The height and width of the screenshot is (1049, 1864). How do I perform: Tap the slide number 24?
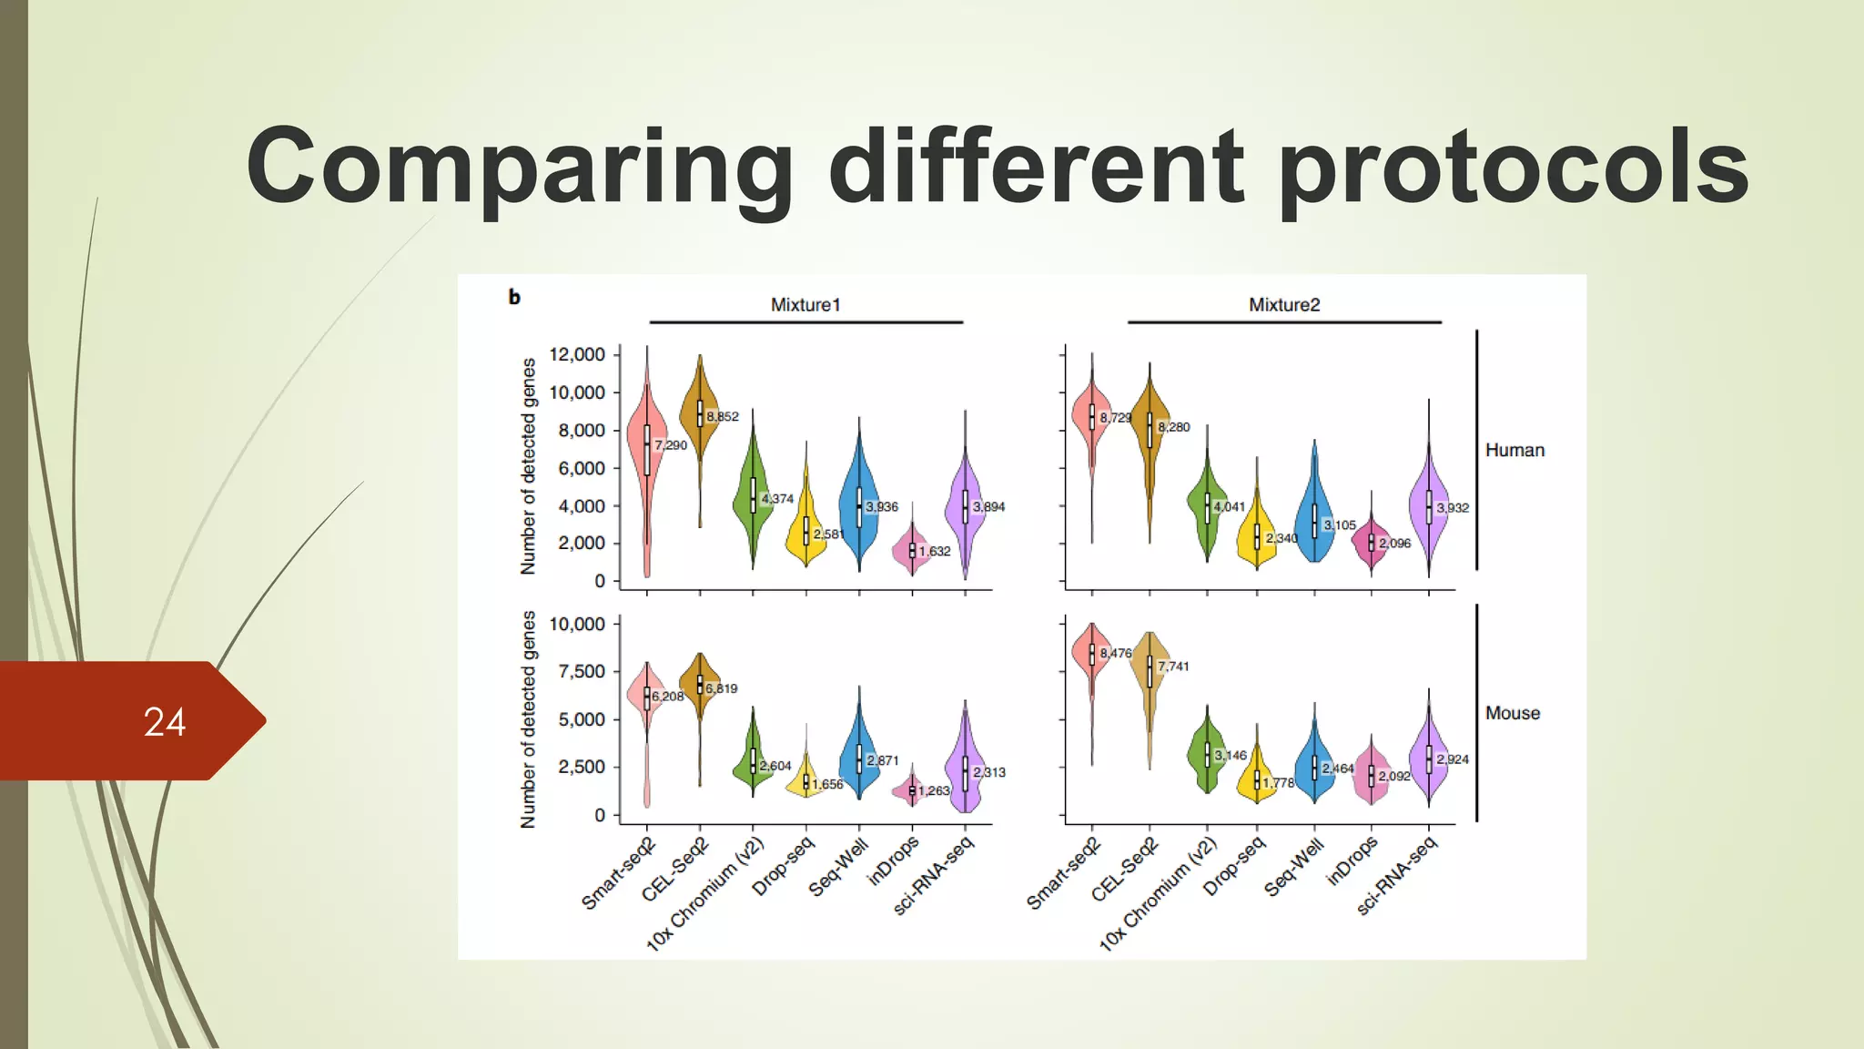(x=164, y=722)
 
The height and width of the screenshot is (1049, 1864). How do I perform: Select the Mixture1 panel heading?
(x=805, y=305)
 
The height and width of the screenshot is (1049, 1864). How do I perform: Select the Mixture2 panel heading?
(x=1283, y=305)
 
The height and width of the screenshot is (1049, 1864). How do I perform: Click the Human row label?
(x=1514, y=450)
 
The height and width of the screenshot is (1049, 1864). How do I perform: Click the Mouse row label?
(x=1513, y=713)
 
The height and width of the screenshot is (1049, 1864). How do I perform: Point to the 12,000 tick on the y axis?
(x=577, y=354)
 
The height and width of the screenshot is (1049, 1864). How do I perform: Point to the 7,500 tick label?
(x=581, y=672)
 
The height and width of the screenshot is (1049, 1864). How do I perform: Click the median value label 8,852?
(x=723, y=417)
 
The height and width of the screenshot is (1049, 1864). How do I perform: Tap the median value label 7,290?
(x=671, y=445)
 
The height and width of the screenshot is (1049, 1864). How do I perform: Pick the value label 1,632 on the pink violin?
(x=935, y=551)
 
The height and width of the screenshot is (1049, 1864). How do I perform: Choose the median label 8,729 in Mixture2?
(x=1115, y=417)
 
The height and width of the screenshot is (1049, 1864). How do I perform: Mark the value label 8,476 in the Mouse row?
(x=1115, y=653)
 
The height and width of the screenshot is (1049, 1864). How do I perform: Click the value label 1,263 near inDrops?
(x=935, y=790)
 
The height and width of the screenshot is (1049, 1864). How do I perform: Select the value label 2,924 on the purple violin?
(x=1453, y=759)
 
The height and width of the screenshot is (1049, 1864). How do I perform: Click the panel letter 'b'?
(x=514, y=297)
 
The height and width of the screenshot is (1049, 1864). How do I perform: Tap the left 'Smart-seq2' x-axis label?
(x=618, y=873)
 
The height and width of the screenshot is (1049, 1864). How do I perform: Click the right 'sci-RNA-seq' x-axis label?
(x=1396, y=875)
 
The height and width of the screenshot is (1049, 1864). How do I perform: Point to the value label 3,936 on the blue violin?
(x=882, y=506)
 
